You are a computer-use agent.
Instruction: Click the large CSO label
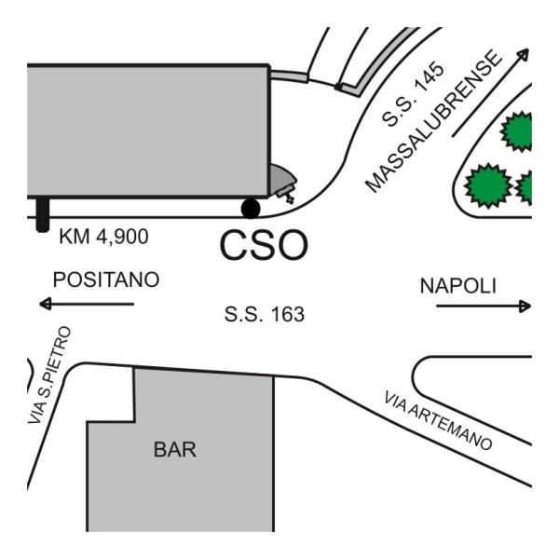tap(264, 244)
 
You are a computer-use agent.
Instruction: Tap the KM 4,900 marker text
tap(103, 237)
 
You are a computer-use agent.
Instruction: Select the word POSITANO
tap(106, 279)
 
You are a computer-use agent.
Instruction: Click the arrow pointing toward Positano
tap(87, 304)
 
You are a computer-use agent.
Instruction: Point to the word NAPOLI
tap(458, 286)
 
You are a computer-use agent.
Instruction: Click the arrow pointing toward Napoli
tap(484, 306)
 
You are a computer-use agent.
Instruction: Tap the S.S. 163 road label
tap(265, 315)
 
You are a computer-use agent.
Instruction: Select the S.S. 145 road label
tap(414, 94)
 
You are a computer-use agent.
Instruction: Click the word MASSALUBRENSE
tap(434, 121)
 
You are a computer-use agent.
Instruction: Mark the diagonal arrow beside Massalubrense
tap(491, 92)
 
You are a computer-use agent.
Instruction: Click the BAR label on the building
tap(175, 450)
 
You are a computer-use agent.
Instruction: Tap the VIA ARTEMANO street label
tap(438, 421)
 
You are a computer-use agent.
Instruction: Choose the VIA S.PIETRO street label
tap(49, 375)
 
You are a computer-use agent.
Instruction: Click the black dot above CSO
tap(251, 209)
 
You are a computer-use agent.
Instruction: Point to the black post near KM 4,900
tap(43, 214)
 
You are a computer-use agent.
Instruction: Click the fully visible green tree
tap(488, 185)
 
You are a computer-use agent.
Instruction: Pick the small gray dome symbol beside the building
tap(282, 183)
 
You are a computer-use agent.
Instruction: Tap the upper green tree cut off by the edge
tap(516, 131)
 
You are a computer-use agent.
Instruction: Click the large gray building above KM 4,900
tap(149, 130)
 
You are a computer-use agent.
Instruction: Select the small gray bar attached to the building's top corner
tap(289, 76)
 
